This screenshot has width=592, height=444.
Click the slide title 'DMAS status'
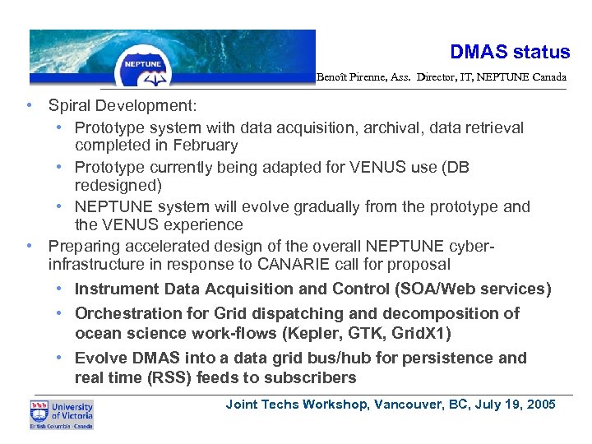[510, 52]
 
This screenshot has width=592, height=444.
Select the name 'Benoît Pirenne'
[348, 77]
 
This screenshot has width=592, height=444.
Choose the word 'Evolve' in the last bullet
[99, 358]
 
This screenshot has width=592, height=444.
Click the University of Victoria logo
[62, 414]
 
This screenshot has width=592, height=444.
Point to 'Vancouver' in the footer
[405, 405]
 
